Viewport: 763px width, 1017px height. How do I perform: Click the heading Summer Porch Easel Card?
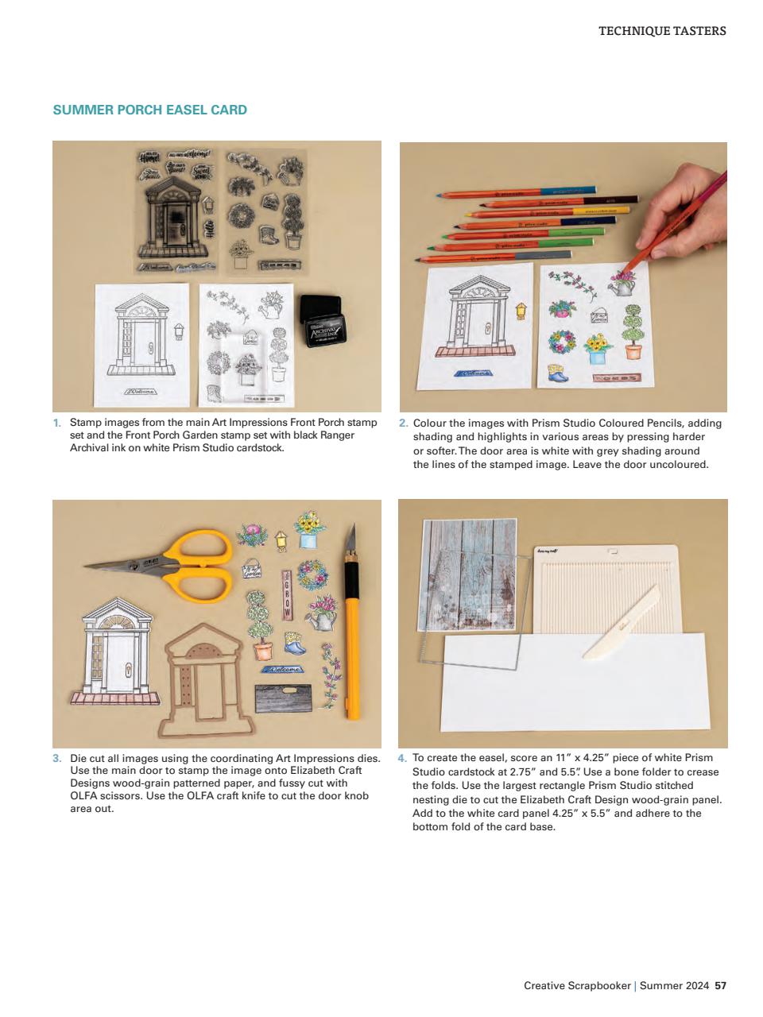coord(149,110)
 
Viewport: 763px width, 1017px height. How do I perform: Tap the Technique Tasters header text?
coord(661,31)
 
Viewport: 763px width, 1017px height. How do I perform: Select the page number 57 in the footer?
coord(720,985)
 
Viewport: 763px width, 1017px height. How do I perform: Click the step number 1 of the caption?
coord(56,423)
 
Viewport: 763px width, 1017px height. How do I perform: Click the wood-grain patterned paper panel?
coord(469,572)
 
